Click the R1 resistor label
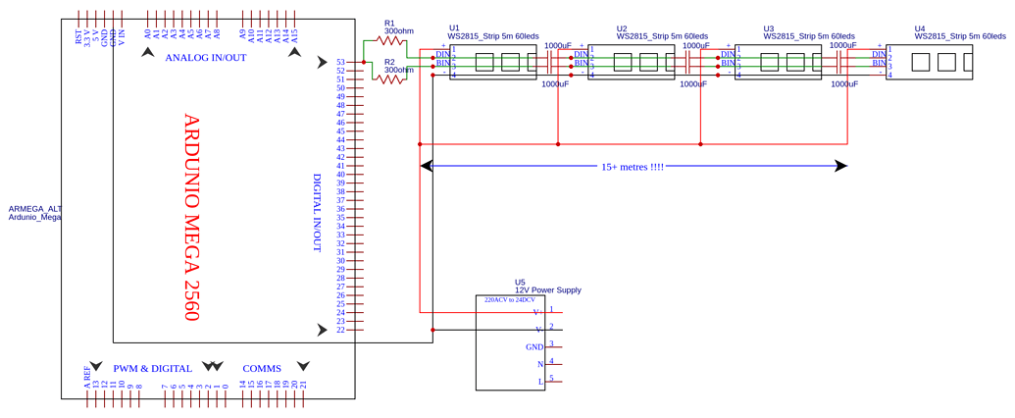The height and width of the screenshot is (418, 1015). point(389,23)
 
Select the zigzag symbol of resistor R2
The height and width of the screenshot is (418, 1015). point(390,79)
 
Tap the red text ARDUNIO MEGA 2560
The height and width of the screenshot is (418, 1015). point(191,217)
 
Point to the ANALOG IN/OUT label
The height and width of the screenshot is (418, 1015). point(205,58)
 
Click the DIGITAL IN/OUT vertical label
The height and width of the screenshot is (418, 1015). point(317,213)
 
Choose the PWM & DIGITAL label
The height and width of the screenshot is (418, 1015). point(152,369)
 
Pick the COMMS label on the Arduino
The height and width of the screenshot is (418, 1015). point(262,369)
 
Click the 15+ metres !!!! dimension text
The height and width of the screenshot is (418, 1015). point(633,167)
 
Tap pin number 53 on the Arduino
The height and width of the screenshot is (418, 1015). point(340,62)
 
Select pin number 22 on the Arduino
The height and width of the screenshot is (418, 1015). point(340,330)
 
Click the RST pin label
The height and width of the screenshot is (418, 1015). point(79,36)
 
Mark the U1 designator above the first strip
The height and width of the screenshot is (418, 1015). point(454,28)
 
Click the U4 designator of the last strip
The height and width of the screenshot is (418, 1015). point(920,28)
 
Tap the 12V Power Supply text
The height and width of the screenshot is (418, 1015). point(547,290)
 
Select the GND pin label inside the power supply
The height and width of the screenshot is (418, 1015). point(533,347)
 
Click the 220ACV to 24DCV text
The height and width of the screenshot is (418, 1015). point(510,300)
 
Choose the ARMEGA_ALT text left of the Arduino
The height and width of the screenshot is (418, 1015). point(35,209)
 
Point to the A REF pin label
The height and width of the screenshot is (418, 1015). point(87,378)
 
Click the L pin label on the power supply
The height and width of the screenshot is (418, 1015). point(539,382)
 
